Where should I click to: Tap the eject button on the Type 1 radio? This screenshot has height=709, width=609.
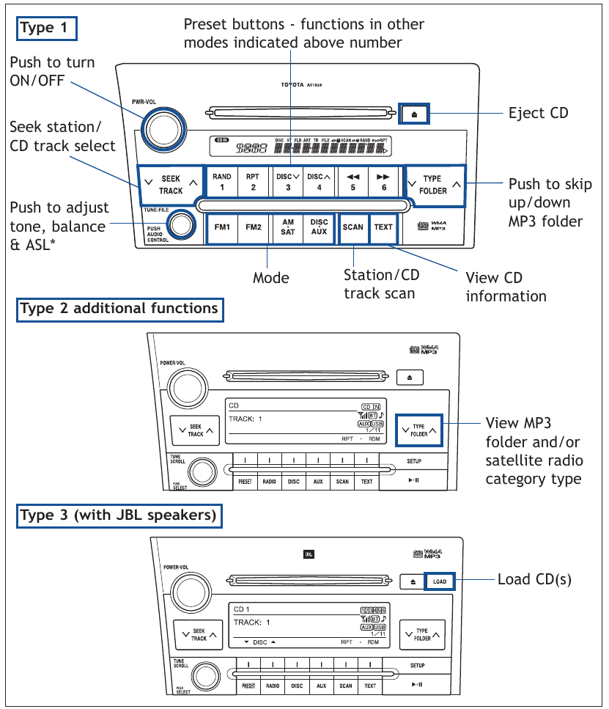414,114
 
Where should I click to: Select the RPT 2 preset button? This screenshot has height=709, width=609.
253,182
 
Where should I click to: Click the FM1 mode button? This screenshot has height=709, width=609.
222,227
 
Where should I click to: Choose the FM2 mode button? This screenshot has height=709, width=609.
254,227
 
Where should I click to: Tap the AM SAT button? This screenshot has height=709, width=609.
288,227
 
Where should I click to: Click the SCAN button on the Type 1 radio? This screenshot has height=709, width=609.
353,227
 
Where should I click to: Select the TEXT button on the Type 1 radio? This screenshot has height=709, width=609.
383,227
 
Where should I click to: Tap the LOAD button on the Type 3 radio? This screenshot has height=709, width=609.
439,581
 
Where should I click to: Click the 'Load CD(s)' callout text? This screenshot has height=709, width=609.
534,579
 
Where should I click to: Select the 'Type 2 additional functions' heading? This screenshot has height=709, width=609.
119,309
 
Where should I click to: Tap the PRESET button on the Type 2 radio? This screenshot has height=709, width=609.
245,482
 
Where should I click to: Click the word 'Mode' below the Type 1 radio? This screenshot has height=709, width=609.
271,278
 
